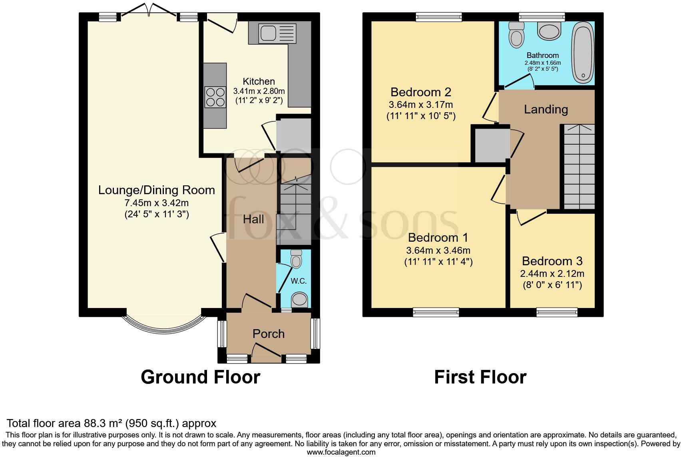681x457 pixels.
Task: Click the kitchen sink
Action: point(277,33)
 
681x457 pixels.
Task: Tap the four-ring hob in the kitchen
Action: point(215,97)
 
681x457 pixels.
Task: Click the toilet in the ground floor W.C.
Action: point(296,259)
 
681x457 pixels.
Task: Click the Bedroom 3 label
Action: point(552,261)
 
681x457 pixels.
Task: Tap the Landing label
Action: point(546,109)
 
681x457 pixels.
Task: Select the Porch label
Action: point(269,334)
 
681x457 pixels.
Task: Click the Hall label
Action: point(253,219)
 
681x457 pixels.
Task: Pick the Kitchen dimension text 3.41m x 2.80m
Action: point(259,91)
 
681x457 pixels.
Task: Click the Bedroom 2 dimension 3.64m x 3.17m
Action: point(421,105)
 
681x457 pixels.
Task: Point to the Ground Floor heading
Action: point(200,377)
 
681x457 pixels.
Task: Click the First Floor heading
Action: point(480,377)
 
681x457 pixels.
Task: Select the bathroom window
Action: point(542,16)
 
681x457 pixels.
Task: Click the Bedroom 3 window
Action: point(557,312)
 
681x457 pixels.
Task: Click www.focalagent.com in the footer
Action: point(341,452)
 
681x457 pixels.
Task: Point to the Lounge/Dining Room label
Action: point(157,190)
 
